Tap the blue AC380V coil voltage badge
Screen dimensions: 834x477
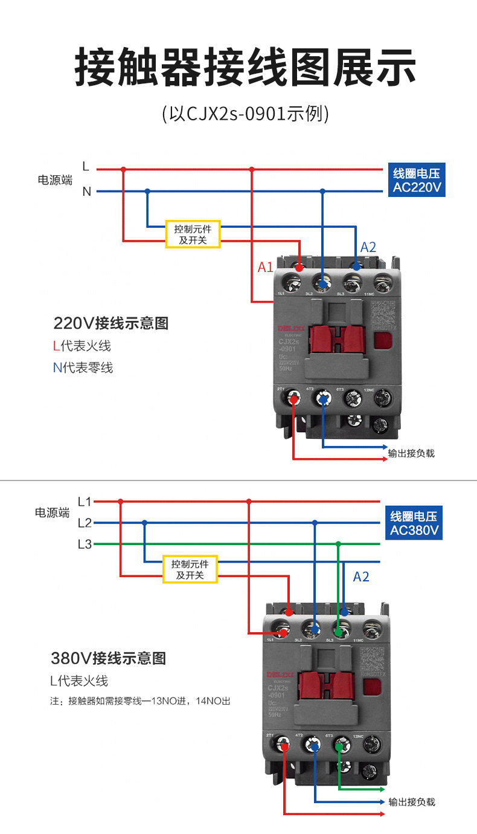click(x=415, y=523)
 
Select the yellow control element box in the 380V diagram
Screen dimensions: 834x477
click(x=190, y=569)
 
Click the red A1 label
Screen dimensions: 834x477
click(x=266, y=267)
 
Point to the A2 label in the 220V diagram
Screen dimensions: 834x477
click(x=368, y=247)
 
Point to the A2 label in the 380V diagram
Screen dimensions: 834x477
click(x=361, y=577)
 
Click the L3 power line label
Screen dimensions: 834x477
click(x=85, y=544)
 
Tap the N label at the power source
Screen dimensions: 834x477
click(x=86, y=192)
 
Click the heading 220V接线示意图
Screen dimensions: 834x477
click(x=111, y=323)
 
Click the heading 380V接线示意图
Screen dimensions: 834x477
click(x=108, y=658)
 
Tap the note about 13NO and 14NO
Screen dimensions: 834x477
click(x=140, y=702)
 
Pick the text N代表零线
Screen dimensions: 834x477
click(x=83, y=367)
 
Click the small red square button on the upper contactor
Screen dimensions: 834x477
click(x=382, y=341)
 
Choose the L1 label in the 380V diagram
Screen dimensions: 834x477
click(x=85, y=502)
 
